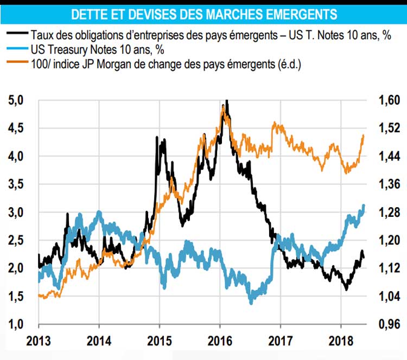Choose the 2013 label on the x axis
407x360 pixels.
(39, 342)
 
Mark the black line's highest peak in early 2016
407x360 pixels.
(226, 101)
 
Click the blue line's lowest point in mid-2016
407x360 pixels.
(251, 303)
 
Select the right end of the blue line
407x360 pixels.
(364, 205)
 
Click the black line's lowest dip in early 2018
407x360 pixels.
(346, 289)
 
